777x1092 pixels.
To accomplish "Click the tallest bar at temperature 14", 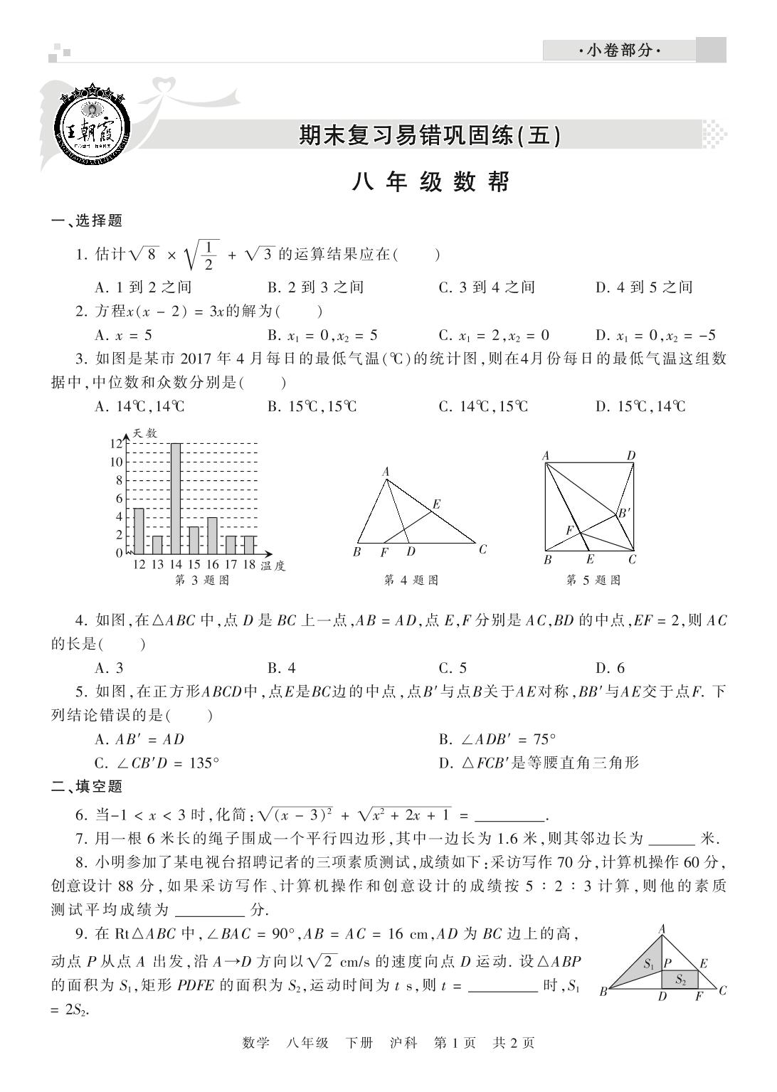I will [175, 498].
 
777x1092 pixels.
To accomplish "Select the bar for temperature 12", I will [139, 531].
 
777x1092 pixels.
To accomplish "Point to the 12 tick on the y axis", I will [116, 443].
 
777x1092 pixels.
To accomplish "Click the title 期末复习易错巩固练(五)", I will [430, 135].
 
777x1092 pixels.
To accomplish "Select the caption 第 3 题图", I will [202, 581].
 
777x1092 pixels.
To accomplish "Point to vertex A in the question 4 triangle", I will [386, 472].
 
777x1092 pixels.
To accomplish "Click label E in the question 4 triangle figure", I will [437, 504].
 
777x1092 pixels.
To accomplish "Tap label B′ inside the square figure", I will [624, 512].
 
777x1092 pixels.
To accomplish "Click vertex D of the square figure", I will [631, 456].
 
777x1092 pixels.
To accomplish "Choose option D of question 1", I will [643, 287].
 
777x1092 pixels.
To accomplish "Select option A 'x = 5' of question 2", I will [123, 336].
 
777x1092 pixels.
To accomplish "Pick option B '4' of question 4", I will [282, 668].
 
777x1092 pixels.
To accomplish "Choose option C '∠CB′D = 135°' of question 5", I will [157, 763].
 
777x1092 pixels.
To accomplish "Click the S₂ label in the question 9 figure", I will [681, 980].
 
